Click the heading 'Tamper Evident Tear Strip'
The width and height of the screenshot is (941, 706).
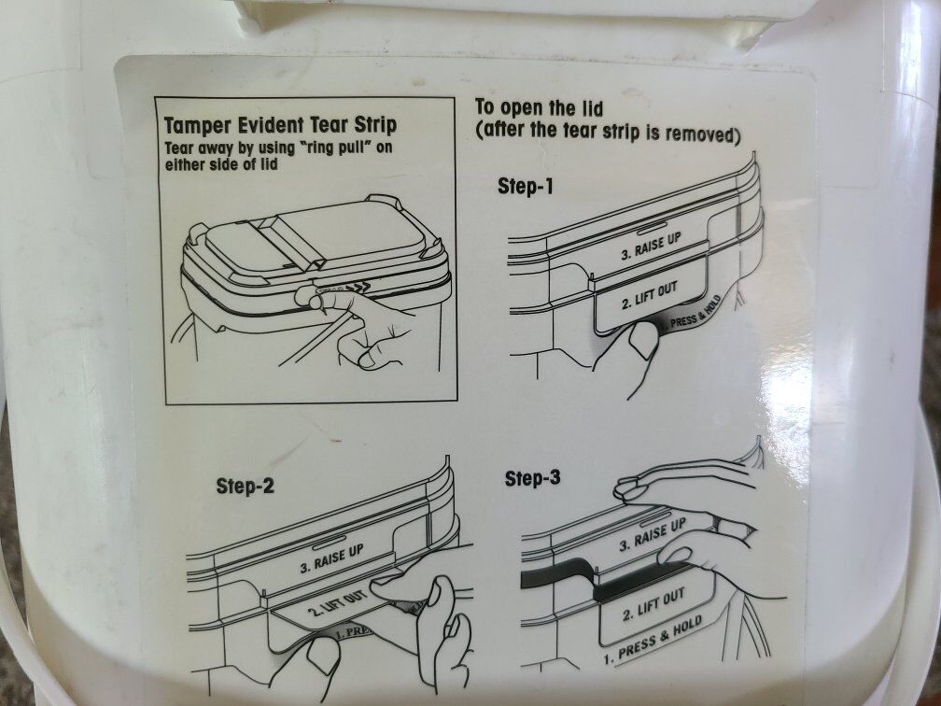coord(281,125)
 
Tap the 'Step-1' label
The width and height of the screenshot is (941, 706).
coord(525,187)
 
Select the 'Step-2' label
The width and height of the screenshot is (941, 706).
coord(245,486)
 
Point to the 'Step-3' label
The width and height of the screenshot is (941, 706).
coord(532,478)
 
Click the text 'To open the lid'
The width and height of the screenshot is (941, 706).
coord(539,108)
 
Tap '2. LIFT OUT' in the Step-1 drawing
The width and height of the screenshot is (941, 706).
coord(650,296)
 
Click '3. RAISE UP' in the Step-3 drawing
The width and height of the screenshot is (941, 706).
coord(653,535)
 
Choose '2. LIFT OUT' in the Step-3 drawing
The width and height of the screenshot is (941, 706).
coord(653,605)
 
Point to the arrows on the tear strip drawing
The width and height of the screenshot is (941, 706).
coord(358,289)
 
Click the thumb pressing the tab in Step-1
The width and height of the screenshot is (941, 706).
coord(642,339)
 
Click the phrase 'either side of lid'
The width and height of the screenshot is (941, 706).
coord(221,164)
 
